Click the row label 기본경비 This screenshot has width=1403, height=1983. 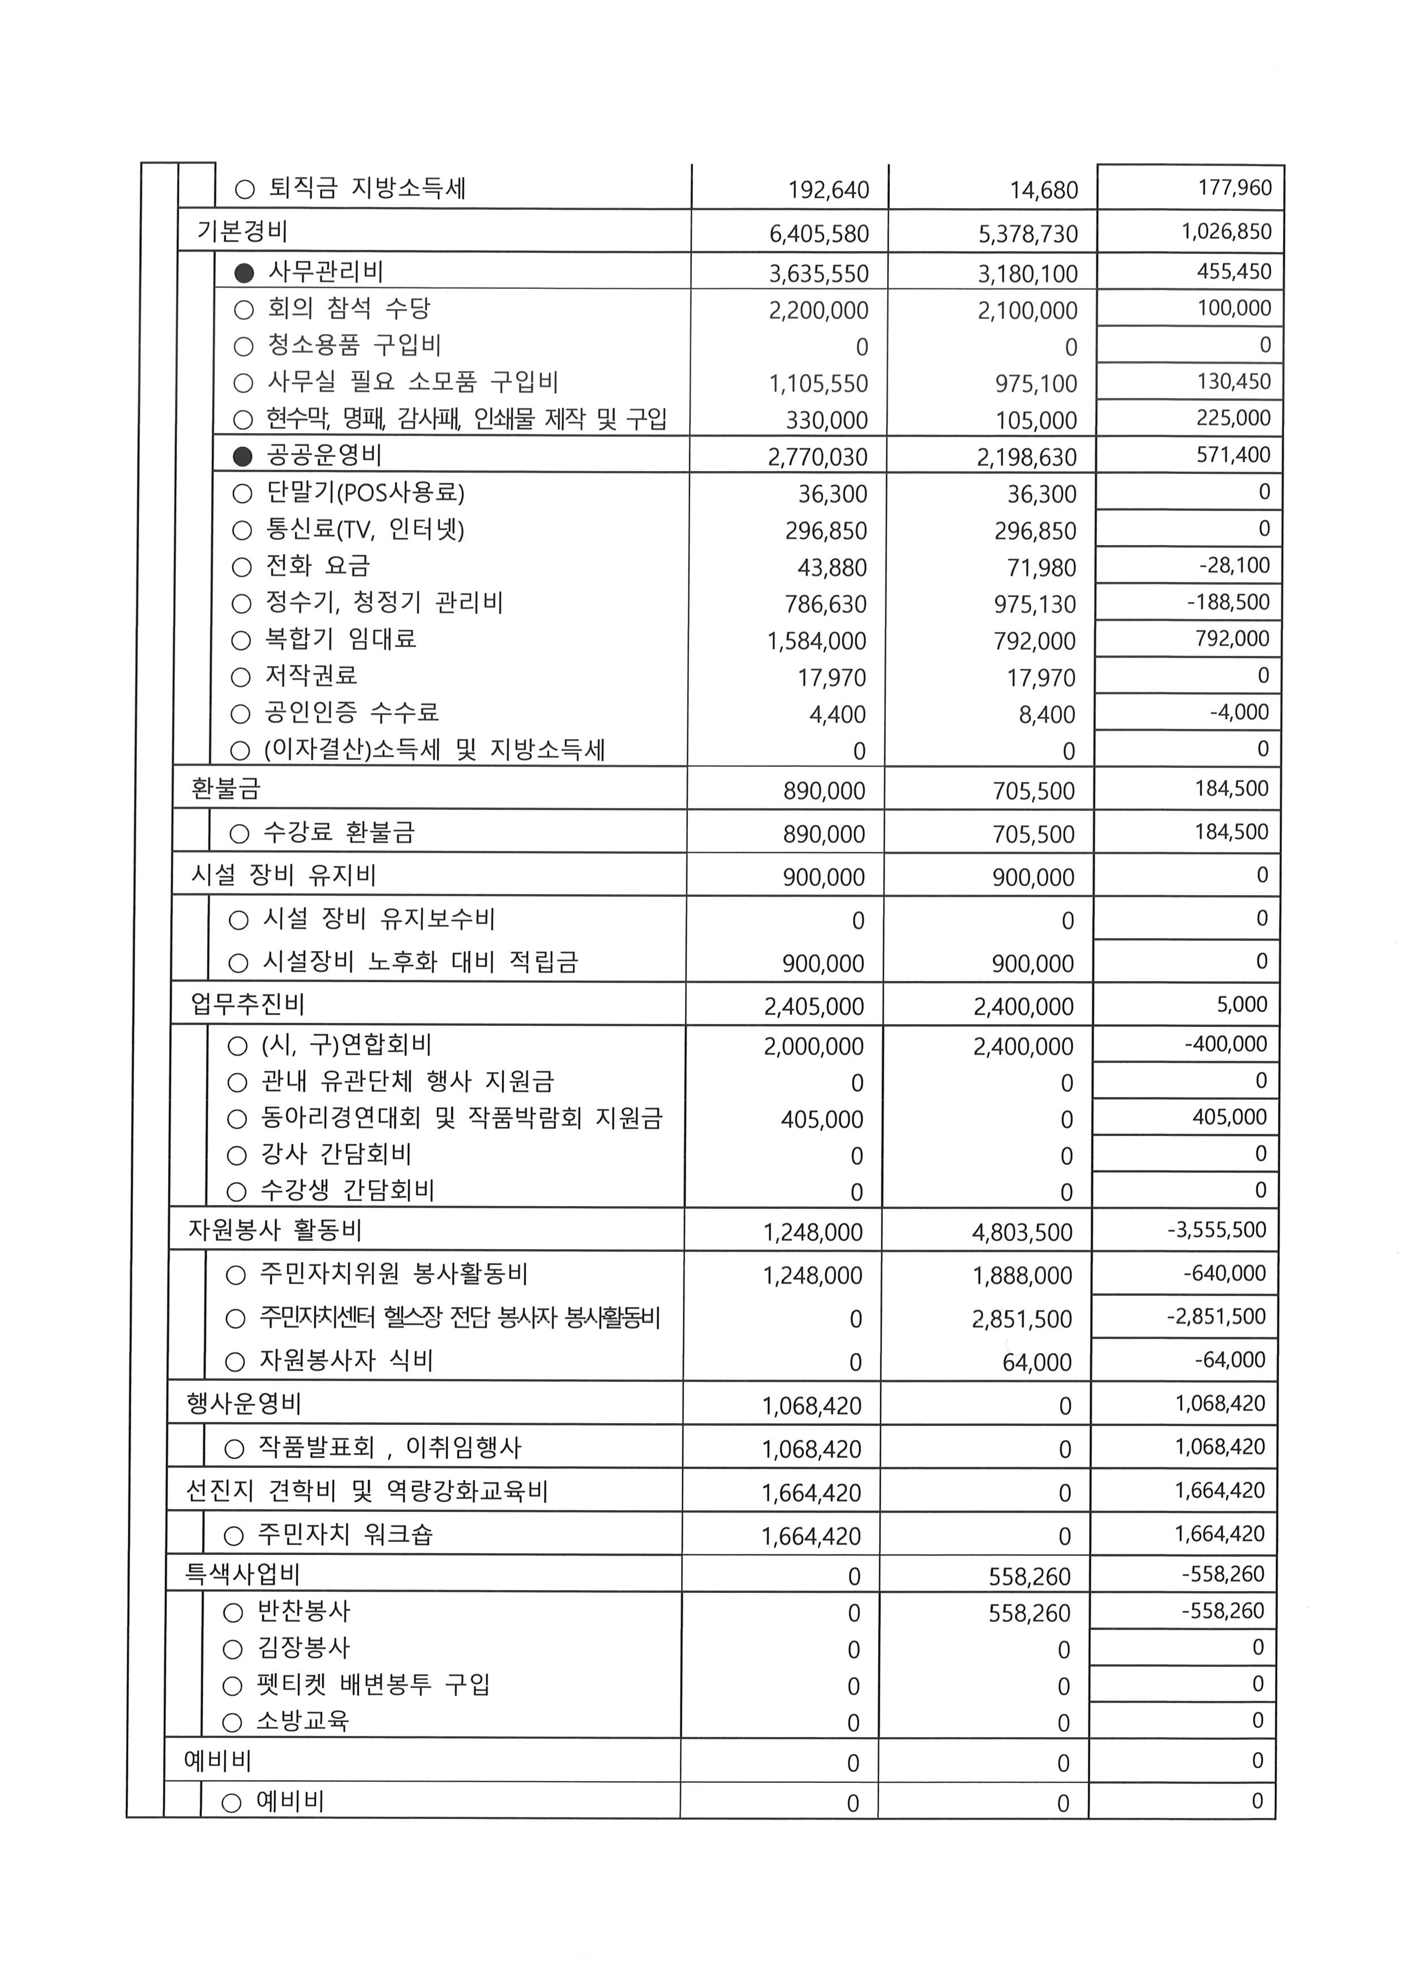pos(242,231)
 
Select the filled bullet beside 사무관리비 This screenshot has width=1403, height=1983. pos(244,273)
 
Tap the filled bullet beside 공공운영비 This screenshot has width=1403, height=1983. pos(244,456)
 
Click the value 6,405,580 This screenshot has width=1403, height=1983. pos(819,234)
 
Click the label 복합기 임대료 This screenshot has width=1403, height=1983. pos(341,639)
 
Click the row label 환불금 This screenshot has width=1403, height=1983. pos(226,789)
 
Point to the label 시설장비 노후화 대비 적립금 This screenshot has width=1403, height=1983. pos(420,962)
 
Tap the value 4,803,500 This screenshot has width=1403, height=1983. pos(1022,1233)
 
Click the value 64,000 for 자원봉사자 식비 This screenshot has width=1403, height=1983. pos(1037,1363)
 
